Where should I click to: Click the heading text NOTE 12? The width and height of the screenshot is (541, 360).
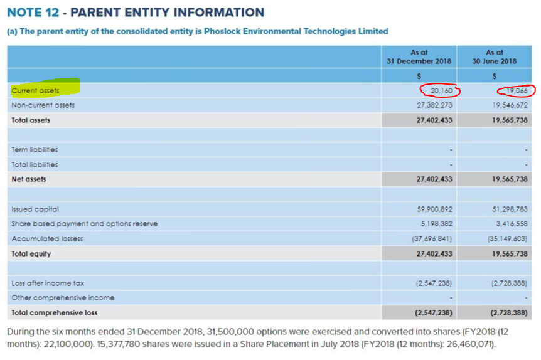[x=35, y=13]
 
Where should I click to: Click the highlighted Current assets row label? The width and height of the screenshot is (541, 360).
[x=36, y=91]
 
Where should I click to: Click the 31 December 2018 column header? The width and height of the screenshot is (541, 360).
[x=419, y=57]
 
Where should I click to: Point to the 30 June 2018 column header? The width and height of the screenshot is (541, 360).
[x=495, y=57]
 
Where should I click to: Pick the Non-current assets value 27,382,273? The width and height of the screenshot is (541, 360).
[x=434, y=105]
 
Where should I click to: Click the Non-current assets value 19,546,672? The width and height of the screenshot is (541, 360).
[x=509, y=105]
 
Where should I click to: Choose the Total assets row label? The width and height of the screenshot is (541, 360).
[x=31, y=120]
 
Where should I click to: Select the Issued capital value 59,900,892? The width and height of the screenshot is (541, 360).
[x=434, y=209]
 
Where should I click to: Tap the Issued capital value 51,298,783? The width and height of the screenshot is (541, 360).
[x=509, y=209]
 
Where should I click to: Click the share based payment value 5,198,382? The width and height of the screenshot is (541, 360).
[x=436, y=223]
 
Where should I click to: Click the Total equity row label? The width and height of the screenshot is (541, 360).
[x=31, y=254]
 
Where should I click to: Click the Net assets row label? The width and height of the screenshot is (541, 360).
[x=29, y=179]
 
